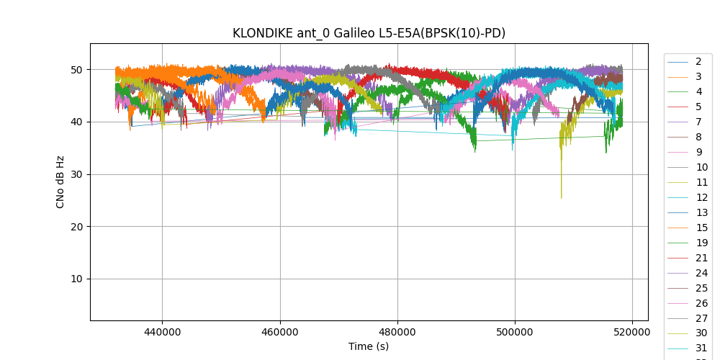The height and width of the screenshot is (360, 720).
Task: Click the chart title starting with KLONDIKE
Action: (369, 33)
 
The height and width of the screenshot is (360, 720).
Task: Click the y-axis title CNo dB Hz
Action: (60, 182)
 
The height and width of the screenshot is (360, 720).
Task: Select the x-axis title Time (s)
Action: (369, 346)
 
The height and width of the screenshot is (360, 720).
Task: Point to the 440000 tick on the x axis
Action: (162, 333)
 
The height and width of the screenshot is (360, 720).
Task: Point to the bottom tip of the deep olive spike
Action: (562, 198)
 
